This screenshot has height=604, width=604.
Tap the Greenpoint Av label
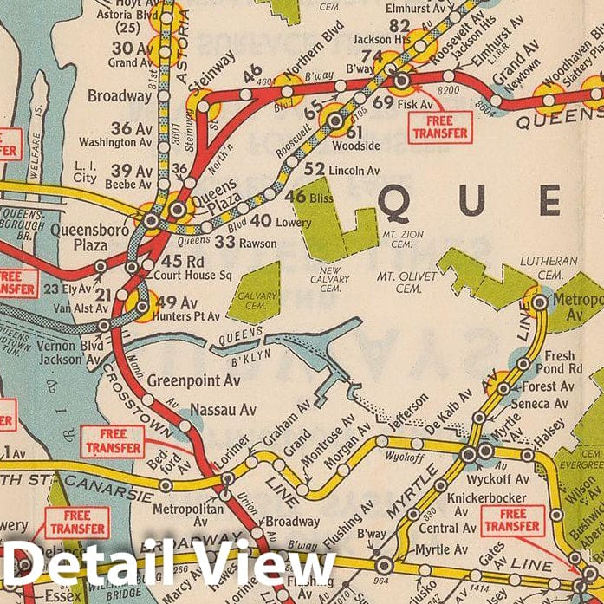[193, 380]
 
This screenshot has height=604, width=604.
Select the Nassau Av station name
[223, 408]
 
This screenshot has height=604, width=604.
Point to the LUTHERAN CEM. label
[545, 265]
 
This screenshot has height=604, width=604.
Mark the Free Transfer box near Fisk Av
[439, 127]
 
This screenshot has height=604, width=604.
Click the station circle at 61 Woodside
[335, 120]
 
